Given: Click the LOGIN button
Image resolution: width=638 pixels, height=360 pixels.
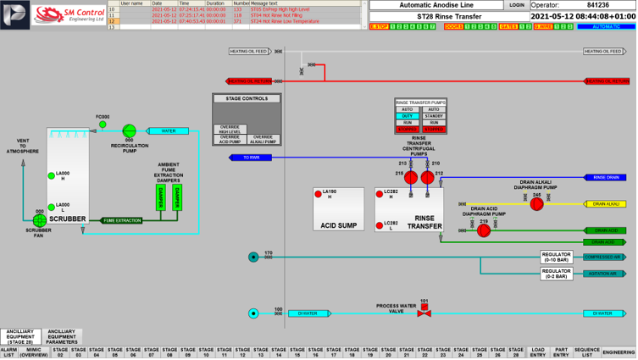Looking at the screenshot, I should click(x=516, y=4).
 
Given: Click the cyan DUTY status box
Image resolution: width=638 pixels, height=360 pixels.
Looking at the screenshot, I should click(x=408, y=115).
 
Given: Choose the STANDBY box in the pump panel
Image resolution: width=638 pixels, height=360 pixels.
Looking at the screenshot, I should click(x=434, y=115).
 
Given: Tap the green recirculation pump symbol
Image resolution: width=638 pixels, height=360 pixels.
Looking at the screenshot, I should click(x=130, y=130).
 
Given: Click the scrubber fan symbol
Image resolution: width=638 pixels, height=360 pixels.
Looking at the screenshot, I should click(x=39, y=219).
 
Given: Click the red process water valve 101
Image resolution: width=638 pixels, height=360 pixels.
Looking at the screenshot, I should click(x=424, y=313).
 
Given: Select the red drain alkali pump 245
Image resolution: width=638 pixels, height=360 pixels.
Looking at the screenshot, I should click(x=536, y=204).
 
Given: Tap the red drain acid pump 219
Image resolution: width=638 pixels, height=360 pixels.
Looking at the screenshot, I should click(x=484, y=229).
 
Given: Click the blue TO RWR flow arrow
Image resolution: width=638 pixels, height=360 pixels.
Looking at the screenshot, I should click(x=252, y=158).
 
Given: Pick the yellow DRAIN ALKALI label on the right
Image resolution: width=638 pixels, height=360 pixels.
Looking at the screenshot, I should click(x=607, y=204).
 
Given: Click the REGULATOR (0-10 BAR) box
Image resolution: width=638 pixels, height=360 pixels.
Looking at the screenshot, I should click(x=562, y=256).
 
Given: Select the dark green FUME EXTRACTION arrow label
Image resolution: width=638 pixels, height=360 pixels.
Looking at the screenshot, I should click(x=123, y=220).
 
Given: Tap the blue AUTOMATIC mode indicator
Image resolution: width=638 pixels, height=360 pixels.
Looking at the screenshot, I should click(x=606, y=27).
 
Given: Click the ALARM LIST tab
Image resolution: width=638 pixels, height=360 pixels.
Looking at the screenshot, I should click(x=8, y=352).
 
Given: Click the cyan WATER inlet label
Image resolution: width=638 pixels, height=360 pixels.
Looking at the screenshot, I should click(x=169, y=131).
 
